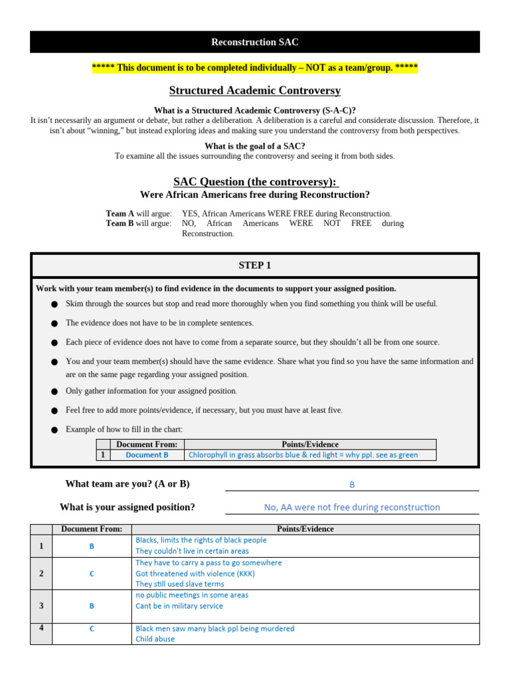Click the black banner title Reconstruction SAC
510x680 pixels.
(x=254, y=42)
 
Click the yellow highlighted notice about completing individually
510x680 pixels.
(x=254, y=68)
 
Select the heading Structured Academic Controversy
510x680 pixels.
(x=254, y=90)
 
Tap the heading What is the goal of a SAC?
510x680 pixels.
(x=254, y=146)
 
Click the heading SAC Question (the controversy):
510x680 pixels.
(x=254, y=181)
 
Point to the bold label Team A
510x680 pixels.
(x=120, y=213)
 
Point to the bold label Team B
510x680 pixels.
(x=120, y=223)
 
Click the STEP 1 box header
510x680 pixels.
(x=254, y=265)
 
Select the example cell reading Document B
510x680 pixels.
(x=147, y=455)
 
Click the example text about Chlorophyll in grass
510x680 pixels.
(x=303, y=455)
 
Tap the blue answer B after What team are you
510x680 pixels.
(x=352, y=485)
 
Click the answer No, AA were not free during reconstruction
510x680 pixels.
(x=352, y=507)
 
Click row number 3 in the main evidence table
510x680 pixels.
(x=41, y=606)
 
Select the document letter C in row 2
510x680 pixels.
(x=92, y=573)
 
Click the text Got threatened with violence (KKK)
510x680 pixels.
(x=195, y=573)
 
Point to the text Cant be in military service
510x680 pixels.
(x=179, y=606)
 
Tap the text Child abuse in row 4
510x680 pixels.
(x=155, y=639)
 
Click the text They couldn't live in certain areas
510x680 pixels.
(x=192, y=551)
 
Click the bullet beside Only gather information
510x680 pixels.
(x=54, y=392)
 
